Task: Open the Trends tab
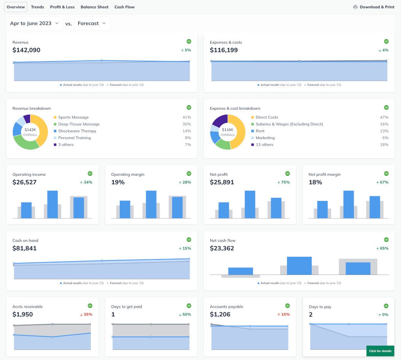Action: pyautogui.click(x=37, y=7)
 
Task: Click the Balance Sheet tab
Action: pyautogui.click(x=94, y=7)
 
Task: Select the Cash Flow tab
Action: pyautogui.click(x=124, y=7)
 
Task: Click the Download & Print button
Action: pyautogui.click(x=374, y=7)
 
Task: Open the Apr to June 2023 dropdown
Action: pyautogui.click(x=35, y=24)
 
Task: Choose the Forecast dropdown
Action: pyautogui.click(x=92, y=24)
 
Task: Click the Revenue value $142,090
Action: pyautogui.click(x=26, y=50)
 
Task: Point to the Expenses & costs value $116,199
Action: pyautogui.click(x=224, y=50)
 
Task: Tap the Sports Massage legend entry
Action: pyautogui.click(x=73, y=117)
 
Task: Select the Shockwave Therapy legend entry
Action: pyautogui.click(x=77, y=131)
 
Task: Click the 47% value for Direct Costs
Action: pyautogui.click(x=384, y=117)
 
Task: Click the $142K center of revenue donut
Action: pyautogui.click(x=30, y=132)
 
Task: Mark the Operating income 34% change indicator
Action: pyautogui.click(x=86, y=182)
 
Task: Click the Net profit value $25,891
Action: pyautogui.click(x=222, y=182)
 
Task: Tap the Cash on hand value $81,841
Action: pyautogui.click(x=24, y=248)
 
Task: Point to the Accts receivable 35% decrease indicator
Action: pyautogui.click(x=86, y=314)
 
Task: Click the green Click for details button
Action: pyautogui.click(x=380, y=351)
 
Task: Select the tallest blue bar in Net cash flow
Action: pyautogui.click(x=299, y=265)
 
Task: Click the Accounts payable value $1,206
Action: pyautogui.click(x=220, y=314)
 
